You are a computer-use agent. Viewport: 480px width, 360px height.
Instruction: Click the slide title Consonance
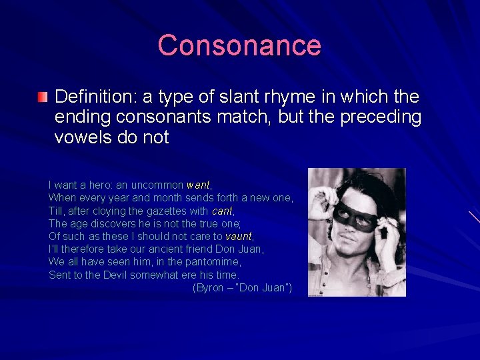(239, 45)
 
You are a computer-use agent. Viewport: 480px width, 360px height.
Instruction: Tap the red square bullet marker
(43, 98)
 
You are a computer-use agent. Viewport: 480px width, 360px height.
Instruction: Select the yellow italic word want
(198, 185)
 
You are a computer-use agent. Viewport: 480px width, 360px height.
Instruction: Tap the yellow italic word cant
(222, 211)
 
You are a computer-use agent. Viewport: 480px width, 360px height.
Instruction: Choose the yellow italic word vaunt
(239, 236)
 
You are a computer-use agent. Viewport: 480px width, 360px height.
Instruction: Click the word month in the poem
(167, 198)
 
